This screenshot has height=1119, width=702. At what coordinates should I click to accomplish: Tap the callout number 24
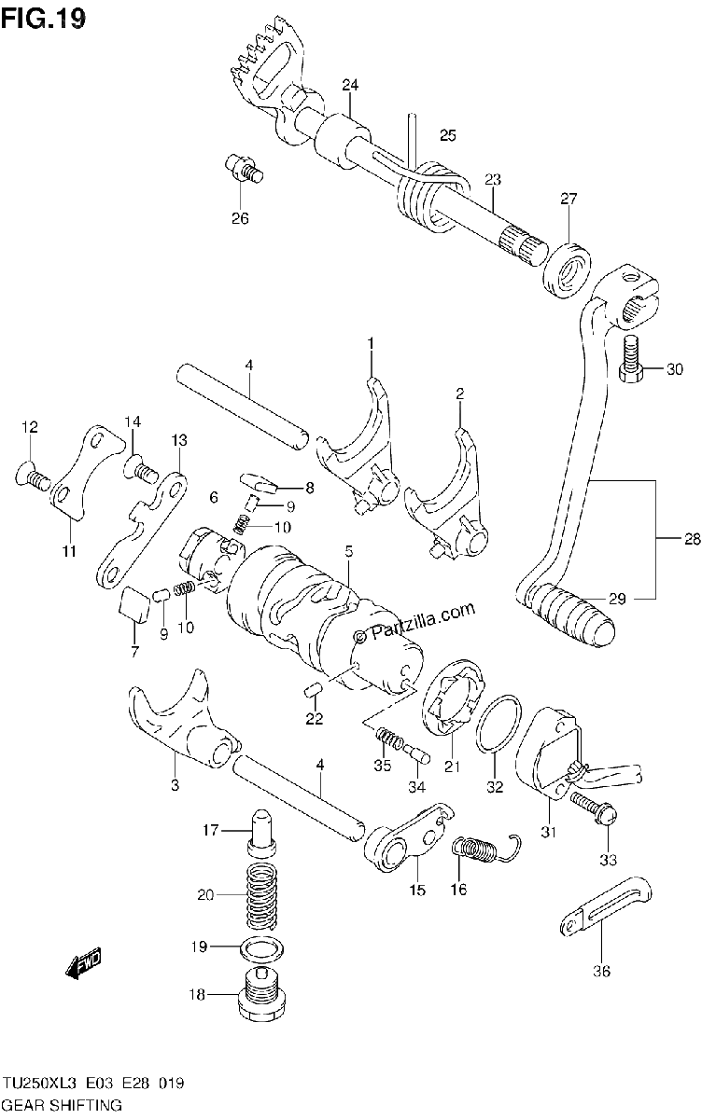[350, 85]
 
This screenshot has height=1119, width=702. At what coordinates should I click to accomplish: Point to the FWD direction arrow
[83, 961]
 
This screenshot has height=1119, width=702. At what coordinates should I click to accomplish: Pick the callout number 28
[692, 539]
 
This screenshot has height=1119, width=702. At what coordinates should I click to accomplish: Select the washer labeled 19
[260, 947]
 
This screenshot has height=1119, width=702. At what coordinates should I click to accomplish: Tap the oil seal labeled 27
[567, 270]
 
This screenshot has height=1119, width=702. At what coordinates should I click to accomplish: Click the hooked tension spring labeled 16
[486, 849]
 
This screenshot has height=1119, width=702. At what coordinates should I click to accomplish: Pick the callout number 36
[602, 971]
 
